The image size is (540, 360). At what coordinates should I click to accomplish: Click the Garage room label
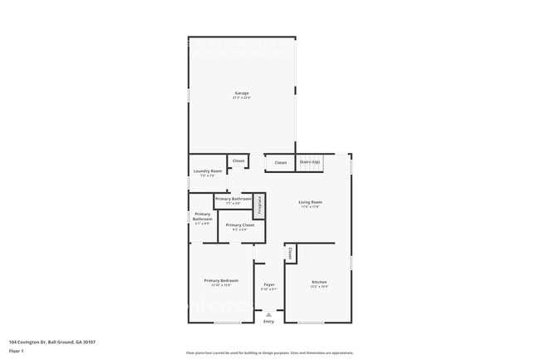coord(241,93)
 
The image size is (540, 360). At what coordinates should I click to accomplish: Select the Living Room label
coord(311,202)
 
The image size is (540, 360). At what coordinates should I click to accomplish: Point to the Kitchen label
coord(319,283)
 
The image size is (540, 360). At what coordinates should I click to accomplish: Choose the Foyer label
coord(268,284)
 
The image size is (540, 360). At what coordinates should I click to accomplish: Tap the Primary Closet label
coord(240,225)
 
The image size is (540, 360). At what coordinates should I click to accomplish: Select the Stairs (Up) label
coord(310,162)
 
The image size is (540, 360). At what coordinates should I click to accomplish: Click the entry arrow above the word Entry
coord(268,314)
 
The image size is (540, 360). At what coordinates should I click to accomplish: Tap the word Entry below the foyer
coord(268,322)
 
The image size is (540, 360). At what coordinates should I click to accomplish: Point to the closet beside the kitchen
coord(290,253)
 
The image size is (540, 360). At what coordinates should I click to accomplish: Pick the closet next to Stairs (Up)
coord(281,163)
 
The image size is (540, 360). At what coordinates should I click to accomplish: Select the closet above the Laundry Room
coord(238,160)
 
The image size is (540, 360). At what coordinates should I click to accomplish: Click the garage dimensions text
coord(241,98)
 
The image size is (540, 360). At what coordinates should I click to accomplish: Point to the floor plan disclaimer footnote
coord(269,353)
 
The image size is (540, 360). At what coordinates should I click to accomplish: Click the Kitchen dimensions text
coord(319,287)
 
